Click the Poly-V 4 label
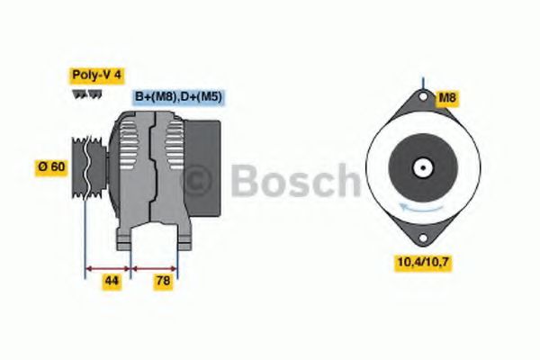point(97,76)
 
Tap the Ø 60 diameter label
point(51,167)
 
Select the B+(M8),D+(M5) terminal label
point(178,97)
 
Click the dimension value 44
point(112,282)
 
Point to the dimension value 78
point(163,282)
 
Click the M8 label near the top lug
point(447,98)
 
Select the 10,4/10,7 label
point(423,263)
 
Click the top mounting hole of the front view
point(423,96)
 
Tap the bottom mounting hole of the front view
point(423,238)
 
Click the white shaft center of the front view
point(423,167)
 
